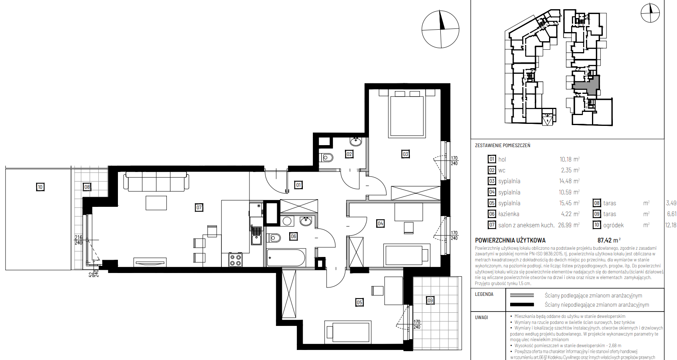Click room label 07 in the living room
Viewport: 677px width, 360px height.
tap(199, 208)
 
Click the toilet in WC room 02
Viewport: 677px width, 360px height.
tap(326, 158)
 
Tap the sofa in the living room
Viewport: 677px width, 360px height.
tap(156, 182)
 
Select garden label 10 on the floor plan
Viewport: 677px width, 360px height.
tap(40, 187)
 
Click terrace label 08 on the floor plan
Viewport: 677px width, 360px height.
tap(87, 187)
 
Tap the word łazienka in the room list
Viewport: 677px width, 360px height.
tap(509, 214)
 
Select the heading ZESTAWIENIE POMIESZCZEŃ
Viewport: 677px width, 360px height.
tap(503, 145)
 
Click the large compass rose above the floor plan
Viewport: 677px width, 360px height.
tap(440, 29)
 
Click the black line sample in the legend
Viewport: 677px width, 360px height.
tap(522, 304)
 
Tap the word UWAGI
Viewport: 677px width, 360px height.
tap(481, 318)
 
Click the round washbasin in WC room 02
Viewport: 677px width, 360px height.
tap(356, 142)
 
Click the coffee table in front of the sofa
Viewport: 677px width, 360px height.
tap(156, 203)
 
